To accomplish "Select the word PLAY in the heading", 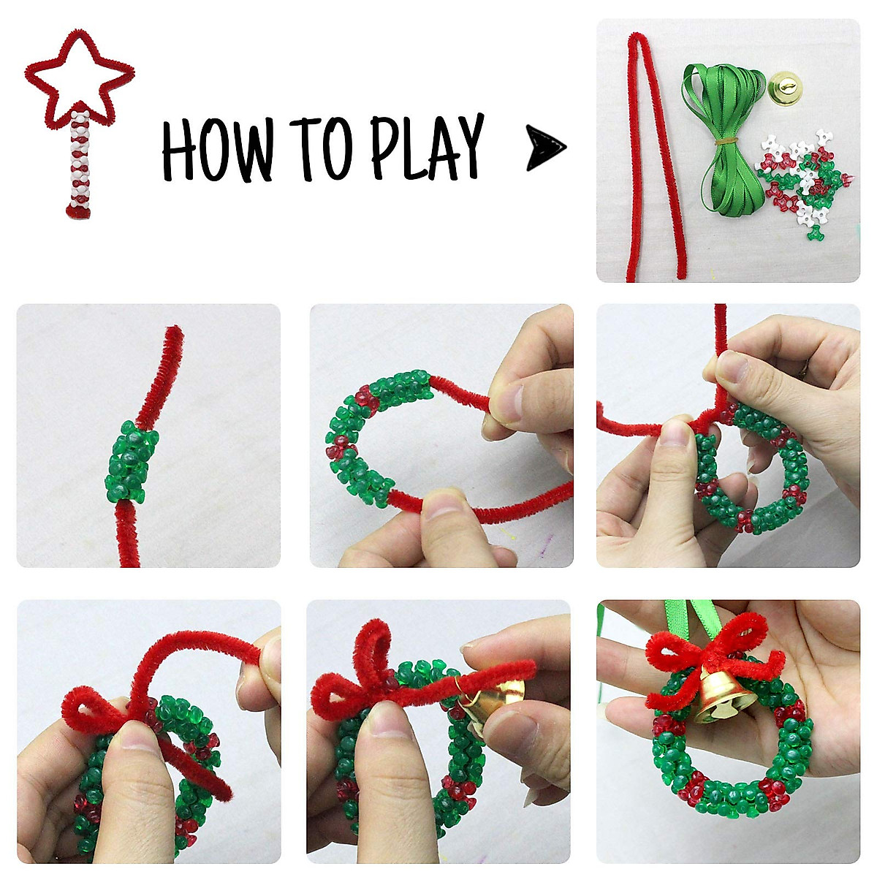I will (427, 146).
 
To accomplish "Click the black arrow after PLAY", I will (545, 147).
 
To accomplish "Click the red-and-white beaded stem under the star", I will (80, 164).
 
